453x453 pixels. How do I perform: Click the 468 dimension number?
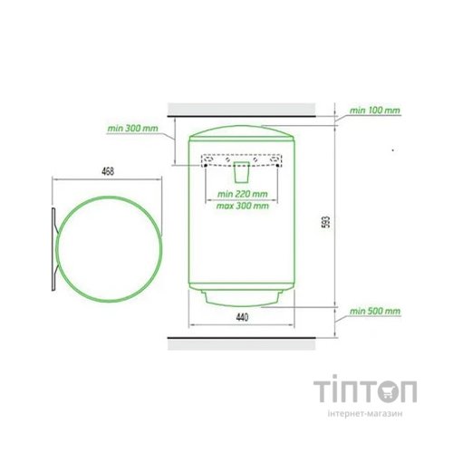click(108, 171)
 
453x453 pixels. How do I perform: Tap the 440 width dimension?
click(242, 317)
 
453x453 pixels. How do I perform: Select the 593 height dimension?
click(327, 222)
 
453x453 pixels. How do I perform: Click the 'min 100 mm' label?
click(375, 111)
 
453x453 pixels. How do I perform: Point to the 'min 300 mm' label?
click(132, 129)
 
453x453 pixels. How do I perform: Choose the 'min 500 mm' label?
click(375, 311)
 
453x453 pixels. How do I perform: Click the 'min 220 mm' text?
click(243, 194)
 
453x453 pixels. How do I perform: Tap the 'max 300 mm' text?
click(243, 206)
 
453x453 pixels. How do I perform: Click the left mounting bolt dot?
click(206, 166)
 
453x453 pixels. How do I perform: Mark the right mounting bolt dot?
click(277, 165)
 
